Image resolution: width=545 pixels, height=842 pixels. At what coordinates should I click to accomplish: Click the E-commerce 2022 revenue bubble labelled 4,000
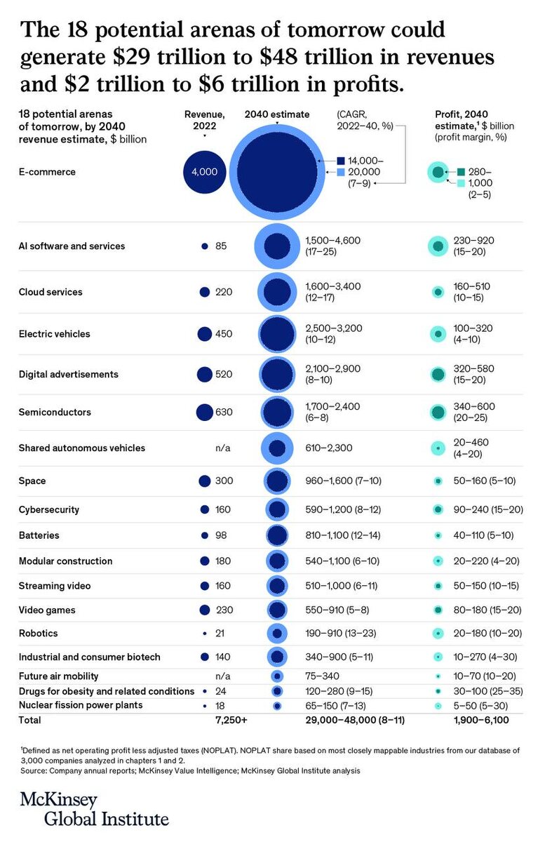pyautogui.click(x=204, y=172)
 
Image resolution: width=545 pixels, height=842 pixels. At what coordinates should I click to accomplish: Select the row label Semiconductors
pyautogui.click(x=55, y=413)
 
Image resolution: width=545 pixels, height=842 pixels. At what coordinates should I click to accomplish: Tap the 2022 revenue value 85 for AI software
pyautogui.click(x=221, y=246)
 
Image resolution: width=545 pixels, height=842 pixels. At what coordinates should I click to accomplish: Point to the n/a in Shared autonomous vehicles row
pyautogui.click(x=223, y=448)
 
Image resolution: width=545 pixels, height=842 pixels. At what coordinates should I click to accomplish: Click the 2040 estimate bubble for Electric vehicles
pyautogui.click(x=277, y=335)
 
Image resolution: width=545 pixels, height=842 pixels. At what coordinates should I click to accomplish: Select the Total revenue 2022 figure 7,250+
pyautogui.click(x=232, y=720)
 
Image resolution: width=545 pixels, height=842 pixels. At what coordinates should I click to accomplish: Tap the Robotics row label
pyautogui.click(x=39, y=634)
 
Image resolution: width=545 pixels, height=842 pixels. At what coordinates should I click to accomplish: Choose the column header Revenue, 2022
pyautogui.click(x=204, y=120)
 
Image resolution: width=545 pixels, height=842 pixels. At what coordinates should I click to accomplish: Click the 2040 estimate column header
pyautogui.click(x=277, y=114)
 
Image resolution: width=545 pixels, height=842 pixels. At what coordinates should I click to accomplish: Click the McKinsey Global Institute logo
pyautogui.click(x=94, y=809)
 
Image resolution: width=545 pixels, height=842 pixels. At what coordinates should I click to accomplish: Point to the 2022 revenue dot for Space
pyautogui.click(x=205, y=481)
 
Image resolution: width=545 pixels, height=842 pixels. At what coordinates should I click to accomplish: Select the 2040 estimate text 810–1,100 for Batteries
pyautogui.click(x=332, y=535)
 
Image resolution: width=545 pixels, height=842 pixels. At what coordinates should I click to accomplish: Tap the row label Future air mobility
pyautogui.click(x=58, y=676)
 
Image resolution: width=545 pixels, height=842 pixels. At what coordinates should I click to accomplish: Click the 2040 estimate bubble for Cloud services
pyautogui.click(x=277, y=292)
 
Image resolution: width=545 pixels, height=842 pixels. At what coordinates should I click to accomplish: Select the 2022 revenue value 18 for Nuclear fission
pyautogui.click(x=220, y=705)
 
